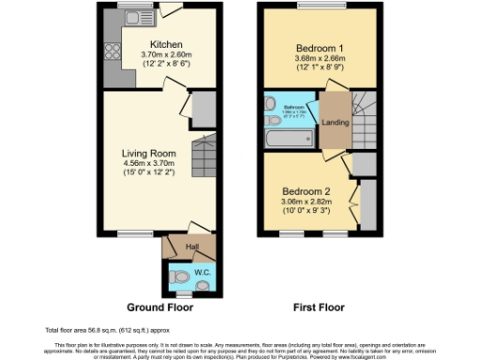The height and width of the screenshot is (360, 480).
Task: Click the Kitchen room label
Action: [166, 44]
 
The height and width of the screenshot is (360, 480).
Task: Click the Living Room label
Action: [148, 152]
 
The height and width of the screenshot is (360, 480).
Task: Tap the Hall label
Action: [191, 247]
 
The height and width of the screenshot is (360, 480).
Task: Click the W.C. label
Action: [202, 273]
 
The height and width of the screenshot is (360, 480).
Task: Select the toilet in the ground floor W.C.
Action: [178, 275]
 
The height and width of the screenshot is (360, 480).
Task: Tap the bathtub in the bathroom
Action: [290, 139]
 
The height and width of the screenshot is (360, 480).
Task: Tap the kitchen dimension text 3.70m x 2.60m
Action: [166, 54]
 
